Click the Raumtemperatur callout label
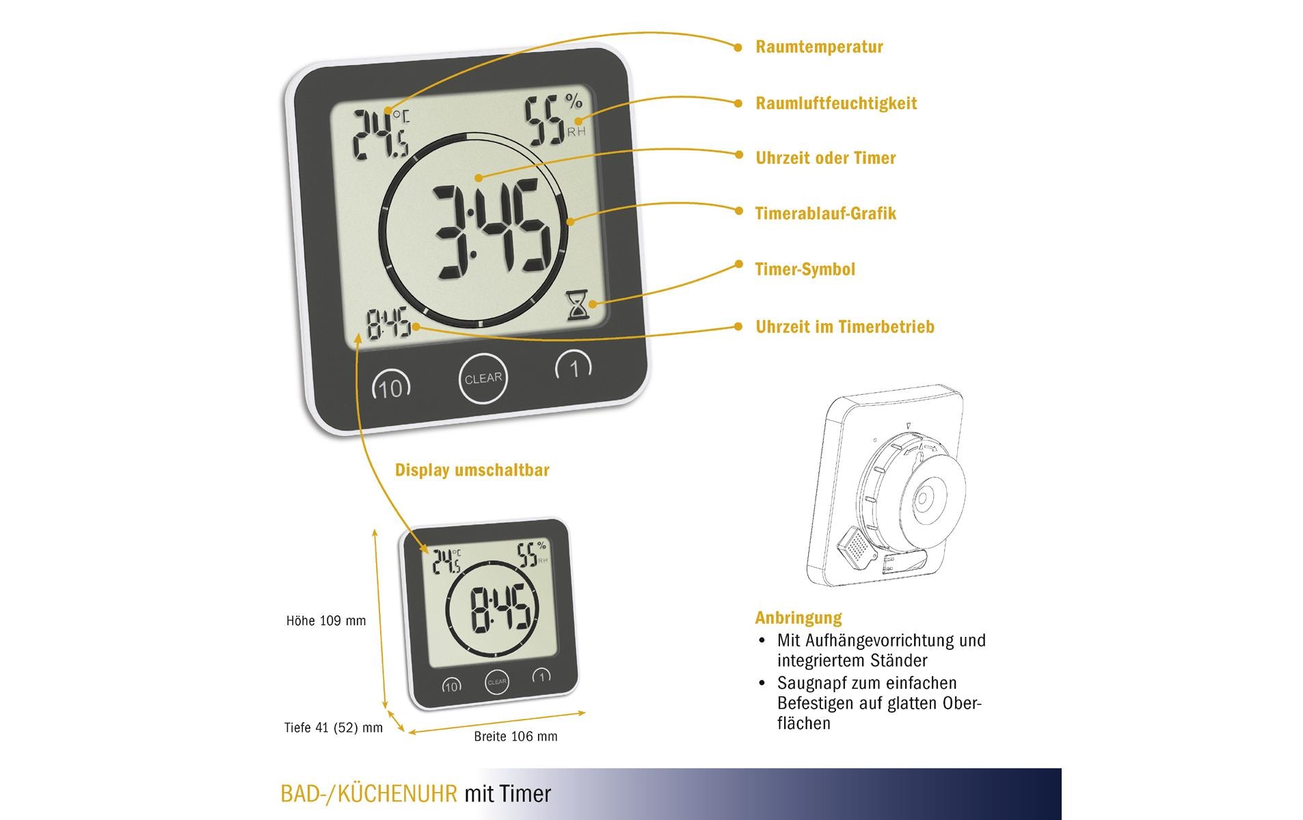coord(819,47)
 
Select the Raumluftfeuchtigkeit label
coord(835,104)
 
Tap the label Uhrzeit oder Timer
coord(825,159)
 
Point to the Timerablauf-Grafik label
coord(825,214)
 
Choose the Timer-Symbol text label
coord(805,270)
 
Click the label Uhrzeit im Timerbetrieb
coord(844,327)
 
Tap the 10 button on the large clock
coord(390,387)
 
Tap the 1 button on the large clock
coord(574,368)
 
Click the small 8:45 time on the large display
coord(389,324)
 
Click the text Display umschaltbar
coord(472,471)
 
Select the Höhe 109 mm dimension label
coord(326,621)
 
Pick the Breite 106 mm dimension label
coord(515,737)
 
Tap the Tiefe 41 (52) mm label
coord(333,728)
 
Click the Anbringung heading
coord(798,618)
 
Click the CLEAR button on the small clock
coord(496,682)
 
